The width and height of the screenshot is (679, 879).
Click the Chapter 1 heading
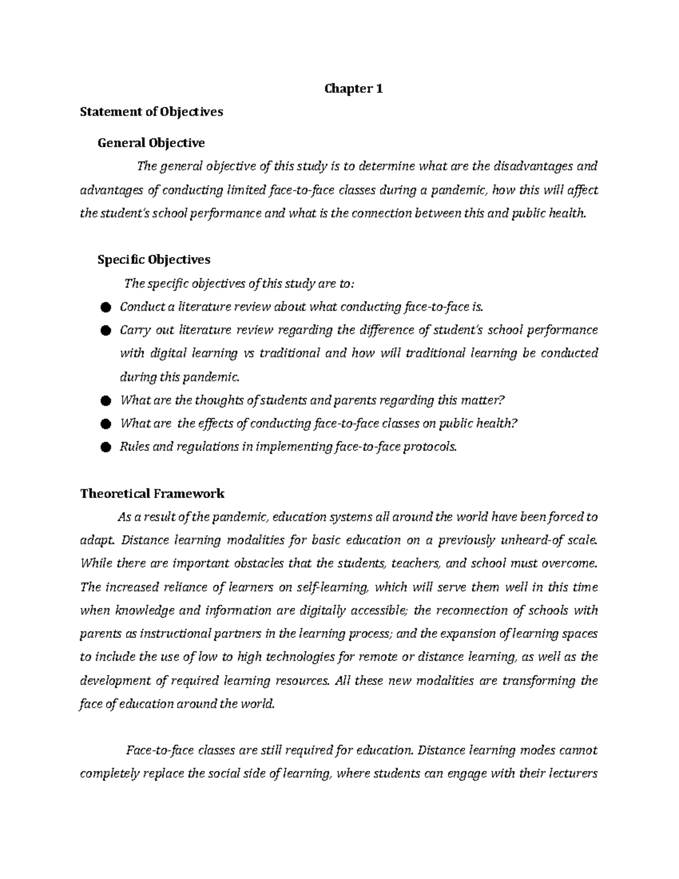[x=354, y=88]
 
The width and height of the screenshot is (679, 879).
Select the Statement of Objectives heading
[x=152, y=112]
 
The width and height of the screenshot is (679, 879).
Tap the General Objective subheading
[x=151, y=143]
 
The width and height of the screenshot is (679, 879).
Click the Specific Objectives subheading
[x=154, y=259]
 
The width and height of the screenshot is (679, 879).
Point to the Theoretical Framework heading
[x=152, y=494]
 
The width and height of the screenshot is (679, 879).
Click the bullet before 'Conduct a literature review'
[x=104, y=307]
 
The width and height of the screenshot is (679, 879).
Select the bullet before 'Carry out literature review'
[x=104, y=331]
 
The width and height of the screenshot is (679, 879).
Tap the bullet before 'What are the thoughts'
[x=104, y=401]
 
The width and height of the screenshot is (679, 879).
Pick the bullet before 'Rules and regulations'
[x=104, y=447]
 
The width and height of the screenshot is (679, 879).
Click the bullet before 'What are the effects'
[x=104, y=424]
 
